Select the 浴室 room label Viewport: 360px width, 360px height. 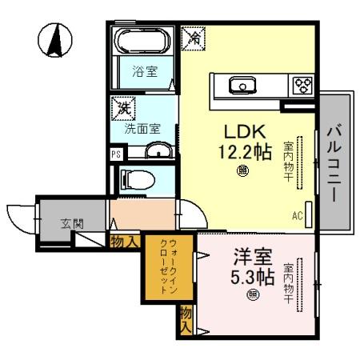click(145, 71)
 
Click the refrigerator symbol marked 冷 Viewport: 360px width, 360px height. click(194, 36)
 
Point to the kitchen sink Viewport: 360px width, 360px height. click(239, 84)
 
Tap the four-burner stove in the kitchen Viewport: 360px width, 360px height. click(302, 85)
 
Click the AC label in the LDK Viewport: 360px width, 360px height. click(297, 215)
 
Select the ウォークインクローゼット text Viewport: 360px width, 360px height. click(168, 266)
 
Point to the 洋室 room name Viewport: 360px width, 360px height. click(252, 257)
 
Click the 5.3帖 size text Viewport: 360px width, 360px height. click(253, 277)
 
